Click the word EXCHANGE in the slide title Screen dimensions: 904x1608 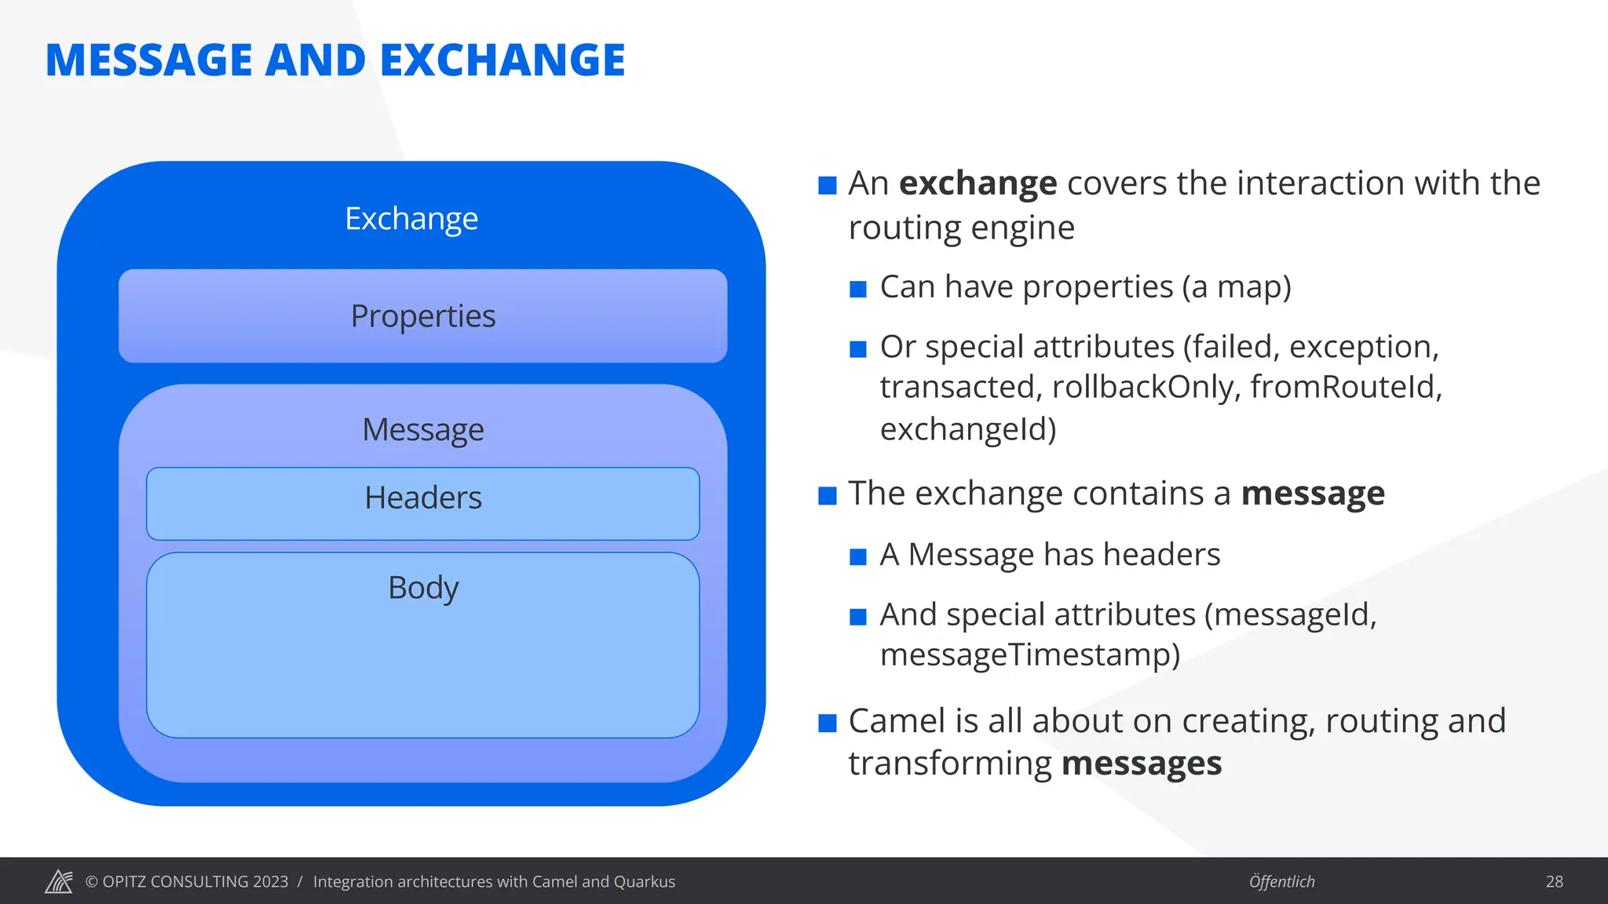click(502, 60)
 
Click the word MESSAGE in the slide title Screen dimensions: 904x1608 click(149, 60)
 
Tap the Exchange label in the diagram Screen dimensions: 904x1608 click(411, 218)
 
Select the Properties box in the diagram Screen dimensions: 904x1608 click(422, 315)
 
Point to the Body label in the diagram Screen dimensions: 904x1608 click(423, 588)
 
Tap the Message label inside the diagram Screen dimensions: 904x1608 click(423, 429)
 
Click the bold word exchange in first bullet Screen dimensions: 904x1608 click(978, 184)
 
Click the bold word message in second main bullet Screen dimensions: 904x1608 click(1313, 494)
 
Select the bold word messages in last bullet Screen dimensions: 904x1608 click(1141, 764)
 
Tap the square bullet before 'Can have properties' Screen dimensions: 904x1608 click(858, 290)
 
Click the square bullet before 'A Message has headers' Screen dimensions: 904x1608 click(858, 557)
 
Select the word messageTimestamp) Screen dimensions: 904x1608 click(1029, 654)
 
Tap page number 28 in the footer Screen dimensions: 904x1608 click(1554, 881)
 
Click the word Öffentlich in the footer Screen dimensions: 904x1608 click(1281, 881)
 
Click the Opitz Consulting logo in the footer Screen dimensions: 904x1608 click(59, 881)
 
